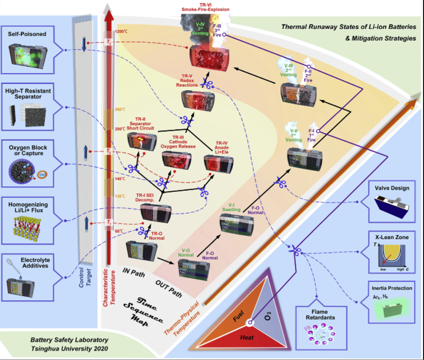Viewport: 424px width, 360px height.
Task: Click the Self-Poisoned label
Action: coord(27,34)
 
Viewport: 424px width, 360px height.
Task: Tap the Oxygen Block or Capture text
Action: coord(27,150)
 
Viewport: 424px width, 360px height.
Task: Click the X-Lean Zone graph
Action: coord(392,256)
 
